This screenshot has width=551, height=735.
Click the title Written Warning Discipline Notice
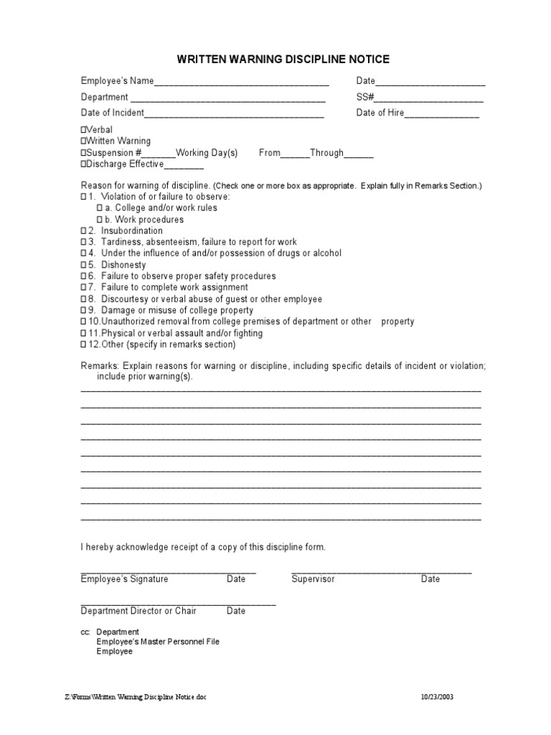(x=283, y=60)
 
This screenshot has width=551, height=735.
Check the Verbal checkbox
(x=83, y=130)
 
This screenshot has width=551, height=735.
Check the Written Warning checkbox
(x=83, y=141)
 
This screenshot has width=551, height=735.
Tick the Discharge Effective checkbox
(x=83, y=164)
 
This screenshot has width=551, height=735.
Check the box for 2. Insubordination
(x=83, y=231)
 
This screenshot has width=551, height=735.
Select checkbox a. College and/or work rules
(x=100, y=208)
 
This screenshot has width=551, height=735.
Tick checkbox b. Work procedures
(x=100, y=220)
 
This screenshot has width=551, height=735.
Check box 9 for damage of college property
(x=83, y=311)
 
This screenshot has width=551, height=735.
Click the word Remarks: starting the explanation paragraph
(x=100, y=366)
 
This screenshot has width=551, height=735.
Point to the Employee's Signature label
(x=124, y=579)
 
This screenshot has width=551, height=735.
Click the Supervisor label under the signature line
(x=313, y=579)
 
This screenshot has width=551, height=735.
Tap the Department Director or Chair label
(x=138, y=612)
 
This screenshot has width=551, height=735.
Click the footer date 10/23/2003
(x=437, y=697)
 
